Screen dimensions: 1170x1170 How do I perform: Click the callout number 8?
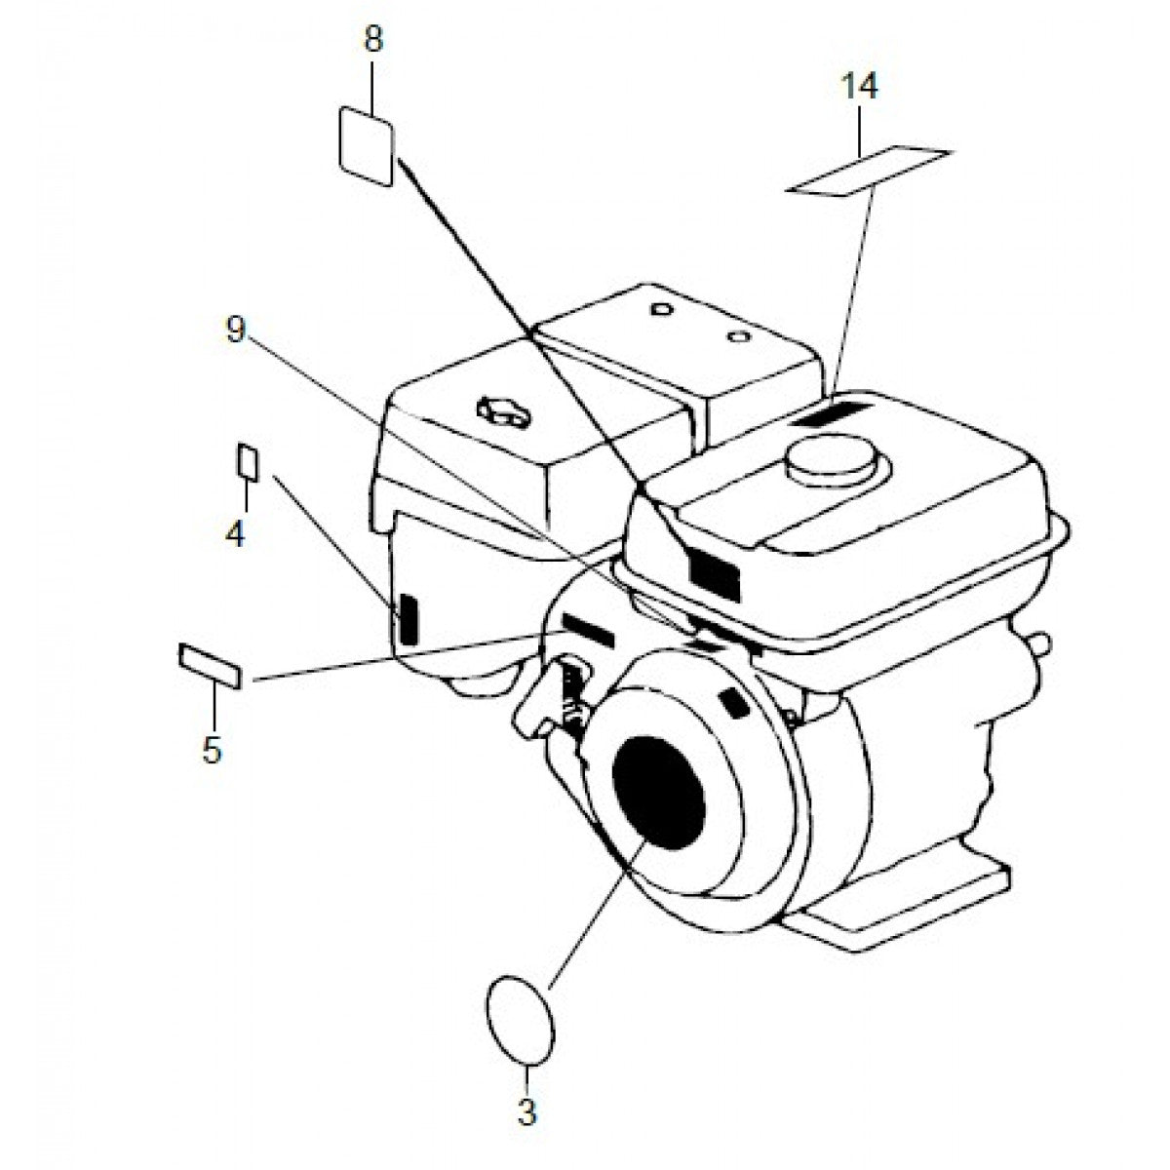373,39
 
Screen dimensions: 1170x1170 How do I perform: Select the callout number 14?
859,86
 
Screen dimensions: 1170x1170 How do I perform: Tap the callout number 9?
235,331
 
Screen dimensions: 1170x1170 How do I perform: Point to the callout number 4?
235,533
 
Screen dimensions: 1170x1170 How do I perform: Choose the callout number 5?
212,751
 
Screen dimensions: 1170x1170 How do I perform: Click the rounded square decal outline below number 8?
366,146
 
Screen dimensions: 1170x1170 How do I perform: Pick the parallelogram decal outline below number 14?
869,172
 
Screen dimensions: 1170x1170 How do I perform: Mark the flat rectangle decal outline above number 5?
210,666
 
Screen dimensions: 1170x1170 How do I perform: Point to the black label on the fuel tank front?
715,572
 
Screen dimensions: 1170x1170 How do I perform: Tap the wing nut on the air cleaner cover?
503,411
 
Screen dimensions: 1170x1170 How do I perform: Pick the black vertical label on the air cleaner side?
408,619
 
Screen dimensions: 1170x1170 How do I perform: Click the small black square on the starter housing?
736,703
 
